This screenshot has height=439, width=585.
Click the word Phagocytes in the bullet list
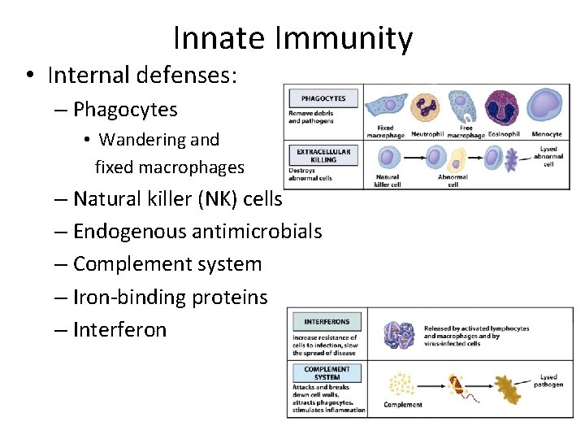coord(125,109)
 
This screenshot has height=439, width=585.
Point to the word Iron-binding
coord(129,298)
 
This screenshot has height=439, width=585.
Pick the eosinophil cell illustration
coord(502,107)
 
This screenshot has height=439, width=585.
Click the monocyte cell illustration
coord(544,106)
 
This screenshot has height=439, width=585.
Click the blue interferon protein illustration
coord(399,335)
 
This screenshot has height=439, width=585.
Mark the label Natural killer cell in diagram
coord(388,180)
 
